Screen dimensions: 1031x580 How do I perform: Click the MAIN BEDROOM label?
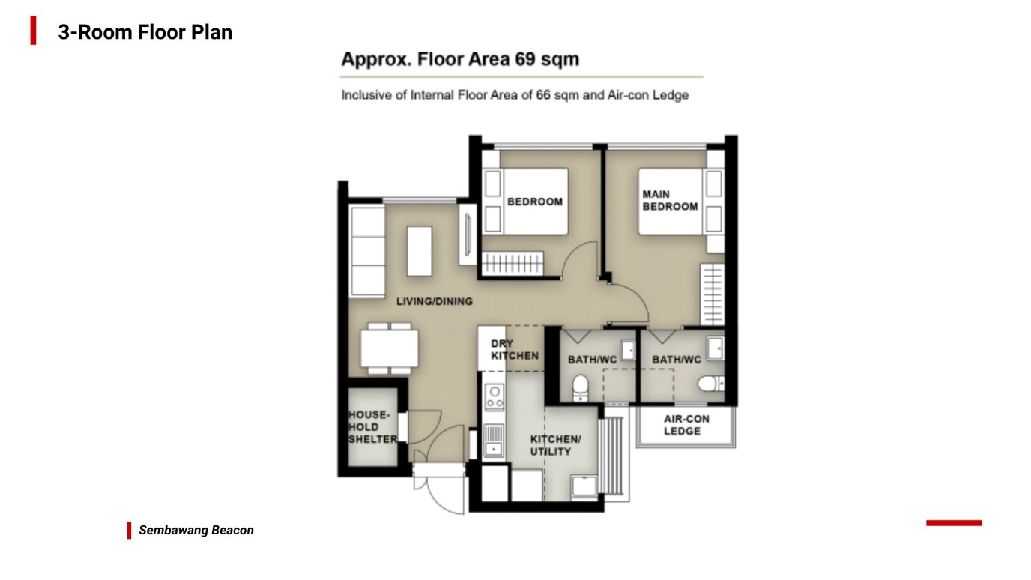(670, 200)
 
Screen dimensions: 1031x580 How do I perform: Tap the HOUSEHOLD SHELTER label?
(372, 426)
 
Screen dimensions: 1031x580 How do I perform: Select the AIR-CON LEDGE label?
(686, 425)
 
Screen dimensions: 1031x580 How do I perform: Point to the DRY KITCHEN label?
(515, 350)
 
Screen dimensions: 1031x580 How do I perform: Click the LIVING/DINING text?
(435, 301)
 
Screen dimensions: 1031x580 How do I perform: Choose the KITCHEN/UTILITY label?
(555, 445)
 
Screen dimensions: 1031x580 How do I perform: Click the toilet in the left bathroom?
(580, 387)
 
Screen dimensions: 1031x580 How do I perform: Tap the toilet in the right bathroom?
(711, 384)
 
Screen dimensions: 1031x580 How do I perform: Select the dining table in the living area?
(390, 348)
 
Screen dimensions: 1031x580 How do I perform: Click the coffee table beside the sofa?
(420, 251)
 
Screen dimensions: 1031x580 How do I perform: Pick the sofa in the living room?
(367, 251)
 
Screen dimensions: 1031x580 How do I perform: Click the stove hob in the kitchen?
(495, 397)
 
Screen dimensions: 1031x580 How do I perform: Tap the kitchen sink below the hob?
(494, 441)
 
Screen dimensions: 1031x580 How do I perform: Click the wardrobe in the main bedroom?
(712, 294)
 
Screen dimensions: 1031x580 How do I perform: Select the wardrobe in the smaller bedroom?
(513, 263)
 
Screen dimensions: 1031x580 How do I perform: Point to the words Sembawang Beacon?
(196, 531)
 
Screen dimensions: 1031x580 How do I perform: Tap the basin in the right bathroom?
(716, 348)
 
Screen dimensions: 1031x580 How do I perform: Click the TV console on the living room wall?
(468, 235)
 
